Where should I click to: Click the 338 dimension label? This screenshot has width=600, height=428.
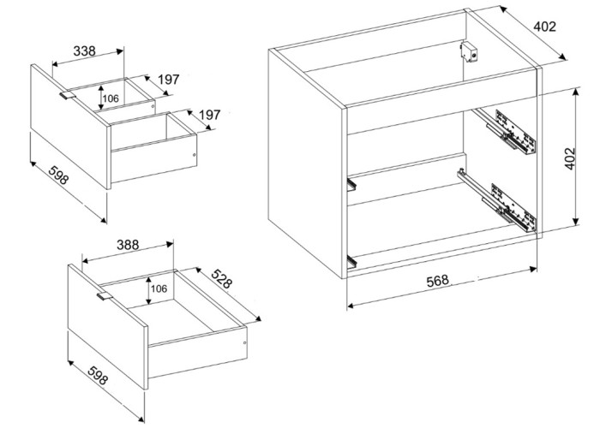(x=84, y=51)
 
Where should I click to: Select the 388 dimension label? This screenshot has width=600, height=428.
(x=128, y=245)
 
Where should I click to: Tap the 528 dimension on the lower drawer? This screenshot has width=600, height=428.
(x=221, y=278)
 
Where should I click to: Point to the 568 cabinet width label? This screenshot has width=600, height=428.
(x=437, y=281)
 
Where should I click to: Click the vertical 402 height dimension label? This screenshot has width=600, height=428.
(x=570, y=158)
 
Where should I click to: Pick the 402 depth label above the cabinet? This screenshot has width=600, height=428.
(x=544, y=27)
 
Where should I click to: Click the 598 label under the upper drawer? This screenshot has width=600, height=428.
(x=58, y=175)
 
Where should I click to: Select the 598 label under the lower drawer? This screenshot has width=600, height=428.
(x=98, y=375)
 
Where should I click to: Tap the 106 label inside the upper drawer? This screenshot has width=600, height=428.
(x=111, y=98)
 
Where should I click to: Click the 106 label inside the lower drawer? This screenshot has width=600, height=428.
(x=159, y=288)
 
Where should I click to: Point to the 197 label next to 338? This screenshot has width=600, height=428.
(x=168, y=80)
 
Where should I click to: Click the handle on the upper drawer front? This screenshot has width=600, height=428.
(x=68, y=95)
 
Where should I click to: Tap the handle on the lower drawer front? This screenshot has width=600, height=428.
(x=104, y=296)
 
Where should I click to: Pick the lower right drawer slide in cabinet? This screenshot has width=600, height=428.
(x=496, y=200)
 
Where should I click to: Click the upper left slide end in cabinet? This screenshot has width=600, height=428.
(x=351, y=185)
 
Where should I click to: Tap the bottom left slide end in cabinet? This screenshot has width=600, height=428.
(x=351, y=261)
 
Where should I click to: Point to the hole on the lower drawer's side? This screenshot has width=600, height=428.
(x=244, y=342)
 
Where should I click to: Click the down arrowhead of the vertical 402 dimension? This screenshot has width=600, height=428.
(x=576, y=221)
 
